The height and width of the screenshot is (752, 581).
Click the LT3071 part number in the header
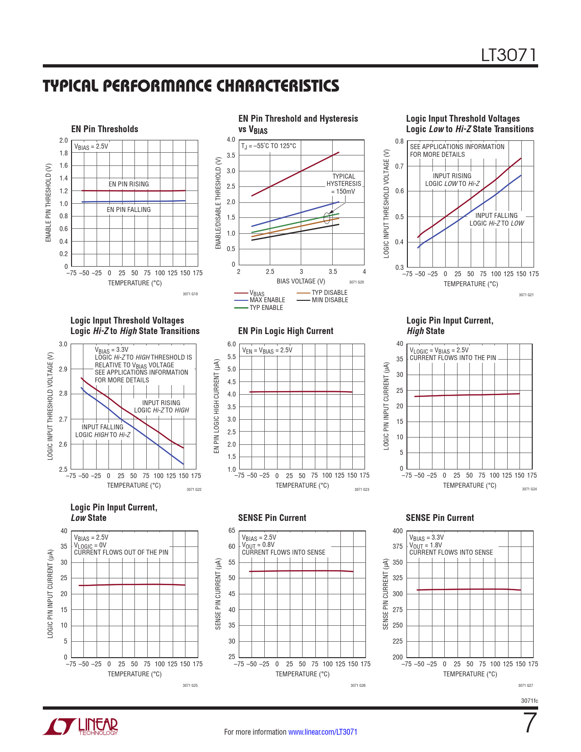tap(509, 55)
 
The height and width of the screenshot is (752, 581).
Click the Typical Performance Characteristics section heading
tap(191, 86)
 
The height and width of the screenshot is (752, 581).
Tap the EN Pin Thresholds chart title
tap(105, 129)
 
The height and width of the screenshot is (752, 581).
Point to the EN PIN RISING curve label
tap(129, 184)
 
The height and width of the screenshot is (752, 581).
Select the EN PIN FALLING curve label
tap(129, 210)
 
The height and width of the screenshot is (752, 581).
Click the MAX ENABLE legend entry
tap(267, 300)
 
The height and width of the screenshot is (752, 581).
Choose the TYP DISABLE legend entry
tap(329, 293)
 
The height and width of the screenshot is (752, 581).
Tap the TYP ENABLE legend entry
tap(266, 308)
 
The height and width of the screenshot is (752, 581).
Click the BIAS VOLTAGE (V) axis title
tap(301, 281)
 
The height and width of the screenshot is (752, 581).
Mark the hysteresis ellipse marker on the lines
tap(327, 217)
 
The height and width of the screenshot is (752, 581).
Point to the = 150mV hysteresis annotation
tap(343, 191)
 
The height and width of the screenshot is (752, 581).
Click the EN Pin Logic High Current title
tap(286, 331)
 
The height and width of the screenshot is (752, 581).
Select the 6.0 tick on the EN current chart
tap(231, 344)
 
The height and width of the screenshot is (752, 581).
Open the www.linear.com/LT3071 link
tap(323, 732)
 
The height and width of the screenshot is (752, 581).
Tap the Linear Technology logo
tap(81, 726)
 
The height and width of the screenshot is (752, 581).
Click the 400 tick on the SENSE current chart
tap(397, 531)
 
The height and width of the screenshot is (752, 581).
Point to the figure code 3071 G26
tap(358, 685)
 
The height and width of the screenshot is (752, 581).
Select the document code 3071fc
tap(529, 700)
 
